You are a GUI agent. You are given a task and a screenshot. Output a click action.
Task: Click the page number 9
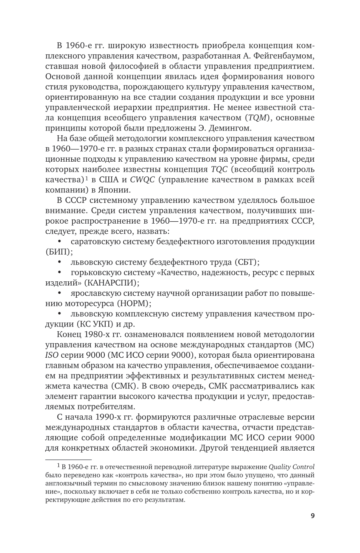click(312, 515)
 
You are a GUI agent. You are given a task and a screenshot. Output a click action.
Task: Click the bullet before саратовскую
click(60, 242)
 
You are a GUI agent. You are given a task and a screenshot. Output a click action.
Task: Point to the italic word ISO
click(52, 355)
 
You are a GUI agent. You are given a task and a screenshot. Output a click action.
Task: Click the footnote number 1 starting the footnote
click(58, 465)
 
